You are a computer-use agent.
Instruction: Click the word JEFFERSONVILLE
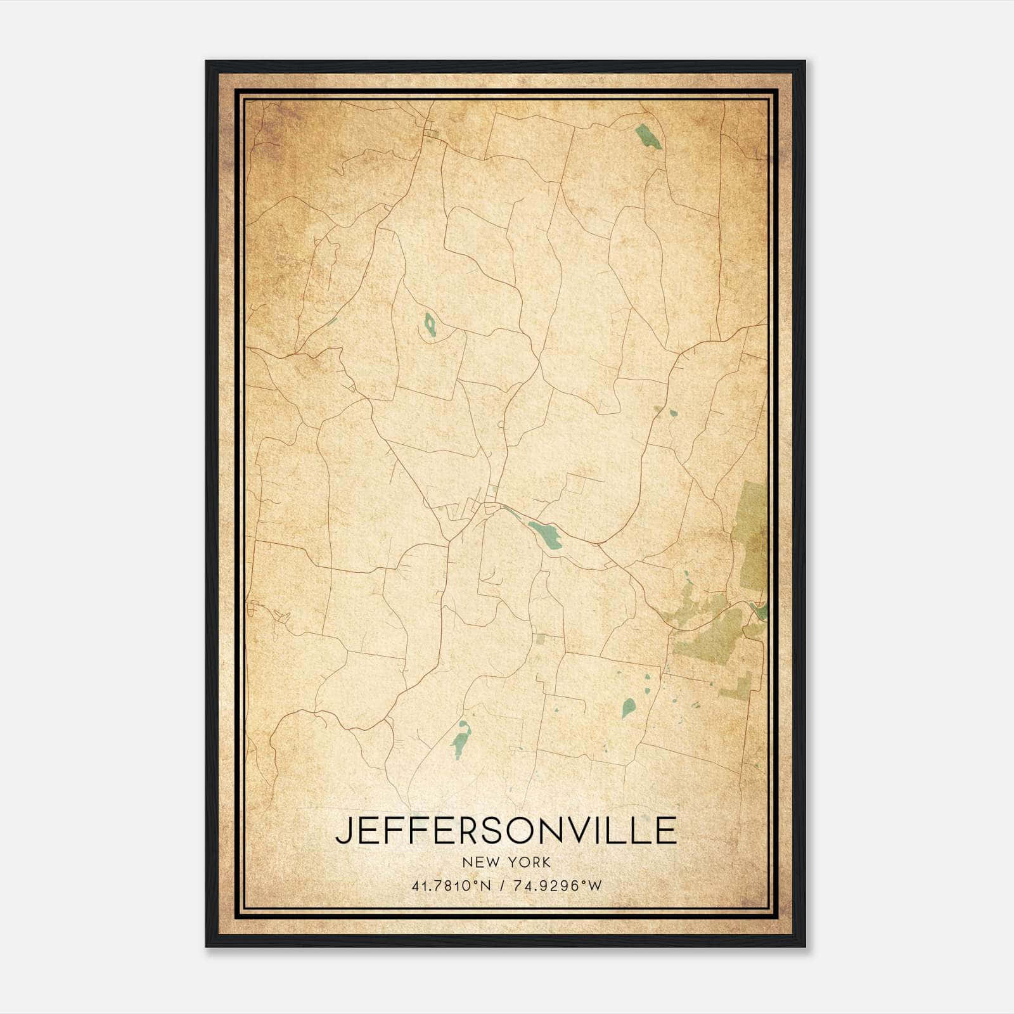pyautogui.click(x=506, y=830)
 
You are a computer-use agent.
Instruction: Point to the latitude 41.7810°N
pyautogui.click(x=451, y=886)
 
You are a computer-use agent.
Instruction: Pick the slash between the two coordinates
pyautogui.click(x=501, y=886)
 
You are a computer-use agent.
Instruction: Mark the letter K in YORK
pyautogui.click(x=546, y=862)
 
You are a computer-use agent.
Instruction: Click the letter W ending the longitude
pyautogui.click(x=594, y=886)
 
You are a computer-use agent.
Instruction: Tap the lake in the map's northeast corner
pyautogui.click(x=647, y=137)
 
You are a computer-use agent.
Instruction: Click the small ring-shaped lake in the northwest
pyautogui.click(x=430, y=326)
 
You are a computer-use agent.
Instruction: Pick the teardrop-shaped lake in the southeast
pyautogui.click(x=627, y=707)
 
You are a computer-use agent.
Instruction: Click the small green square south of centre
pyautogui.click(x=539, y=638)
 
